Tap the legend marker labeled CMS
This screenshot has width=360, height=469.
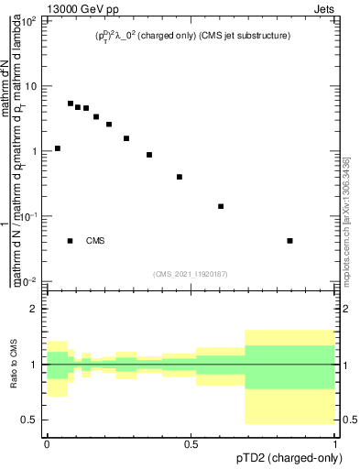[71, 241]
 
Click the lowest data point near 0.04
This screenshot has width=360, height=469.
[289, 241]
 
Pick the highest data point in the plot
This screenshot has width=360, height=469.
[71, 104]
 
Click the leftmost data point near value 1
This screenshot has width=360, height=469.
[58, 148]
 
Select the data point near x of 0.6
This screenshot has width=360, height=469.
[221, 206]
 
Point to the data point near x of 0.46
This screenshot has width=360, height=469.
[180, 177]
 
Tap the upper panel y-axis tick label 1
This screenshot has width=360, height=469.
[35, 151]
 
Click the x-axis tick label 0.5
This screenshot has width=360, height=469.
[191, 442]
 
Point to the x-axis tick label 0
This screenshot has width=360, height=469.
[47, 442]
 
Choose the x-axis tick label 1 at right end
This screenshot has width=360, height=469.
[334, 442]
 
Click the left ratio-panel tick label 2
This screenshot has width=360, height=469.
[35, 310]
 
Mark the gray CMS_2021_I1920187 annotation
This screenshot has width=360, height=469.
[191, 273]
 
